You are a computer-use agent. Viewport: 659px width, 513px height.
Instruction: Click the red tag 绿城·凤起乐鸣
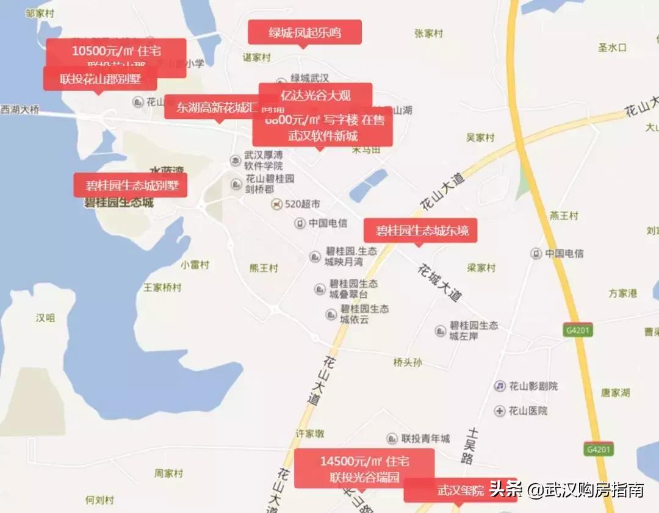click(304, 32)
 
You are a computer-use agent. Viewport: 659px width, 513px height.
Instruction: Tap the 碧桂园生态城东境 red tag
click(420, 231)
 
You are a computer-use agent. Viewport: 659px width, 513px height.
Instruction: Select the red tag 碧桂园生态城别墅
click(131, 185)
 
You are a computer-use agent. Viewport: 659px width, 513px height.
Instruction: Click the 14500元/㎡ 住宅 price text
click(364, 461)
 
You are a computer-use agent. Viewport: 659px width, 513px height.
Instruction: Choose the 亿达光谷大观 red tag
click(315, 95)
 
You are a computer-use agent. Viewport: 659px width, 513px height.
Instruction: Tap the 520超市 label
click(303, 204)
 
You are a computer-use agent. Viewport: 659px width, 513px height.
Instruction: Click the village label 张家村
click(428, 34)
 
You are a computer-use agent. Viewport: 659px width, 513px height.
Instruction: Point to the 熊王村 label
click(264, 268)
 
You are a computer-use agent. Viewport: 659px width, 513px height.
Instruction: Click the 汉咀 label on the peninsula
click(45, 318)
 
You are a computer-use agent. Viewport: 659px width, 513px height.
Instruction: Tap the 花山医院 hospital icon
click(500, 411)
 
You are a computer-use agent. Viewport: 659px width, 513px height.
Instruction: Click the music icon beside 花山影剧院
click(500, 386)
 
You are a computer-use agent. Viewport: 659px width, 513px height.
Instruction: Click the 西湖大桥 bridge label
click(20, 110)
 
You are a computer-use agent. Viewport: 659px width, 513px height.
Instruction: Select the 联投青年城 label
click(425, 439)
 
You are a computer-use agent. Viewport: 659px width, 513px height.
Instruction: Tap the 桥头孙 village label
click(408, 362)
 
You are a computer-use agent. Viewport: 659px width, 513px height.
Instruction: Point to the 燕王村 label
click(564, 216)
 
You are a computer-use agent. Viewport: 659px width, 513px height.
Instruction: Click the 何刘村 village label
click(99, 500)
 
